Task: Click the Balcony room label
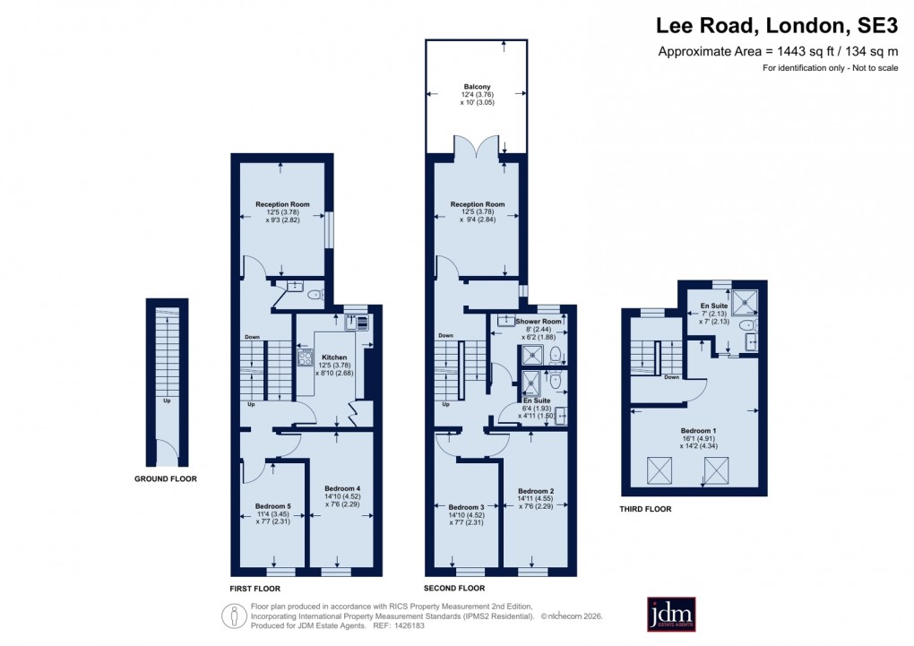[x=477, y=87]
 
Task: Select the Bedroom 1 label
[x=694, y=430]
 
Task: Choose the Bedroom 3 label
[x=466, y=507]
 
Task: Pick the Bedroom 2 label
[x=536, y=491]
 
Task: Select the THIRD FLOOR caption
[x=645, y=509]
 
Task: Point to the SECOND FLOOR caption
[x=454, y=589]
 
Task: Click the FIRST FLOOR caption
[x=254, y=589]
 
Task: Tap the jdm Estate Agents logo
[x=671, y=614]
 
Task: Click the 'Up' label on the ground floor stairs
[x=167, y=401]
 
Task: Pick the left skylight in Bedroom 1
[x=659, y=468]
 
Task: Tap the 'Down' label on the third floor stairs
[x=671, y=377]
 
